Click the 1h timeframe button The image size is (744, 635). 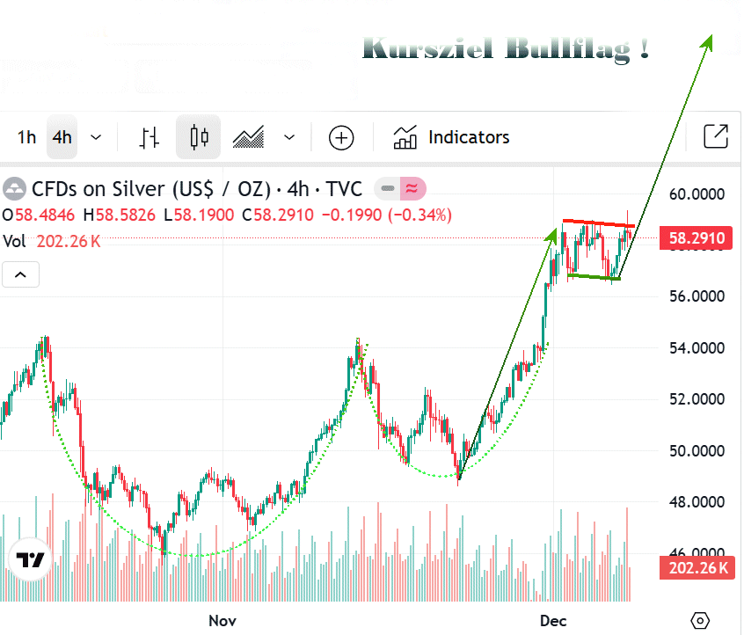(26, 137)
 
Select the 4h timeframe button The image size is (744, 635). (62, 137)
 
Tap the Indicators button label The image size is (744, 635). (468, 137)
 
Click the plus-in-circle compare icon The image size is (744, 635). (341, 137)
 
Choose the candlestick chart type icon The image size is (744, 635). (199, 137)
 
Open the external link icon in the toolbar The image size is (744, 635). (716, 136)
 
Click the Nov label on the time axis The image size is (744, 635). (222, 621)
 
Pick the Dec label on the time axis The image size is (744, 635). (552, 621)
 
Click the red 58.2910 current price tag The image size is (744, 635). (696, 238)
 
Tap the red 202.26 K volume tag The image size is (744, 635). (696, 568)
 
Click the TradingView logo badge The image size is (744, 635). (32, 559)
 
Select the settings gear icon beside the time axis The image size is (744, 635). (700, 621)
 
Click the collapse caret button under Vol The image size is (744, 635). (21, 275)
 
